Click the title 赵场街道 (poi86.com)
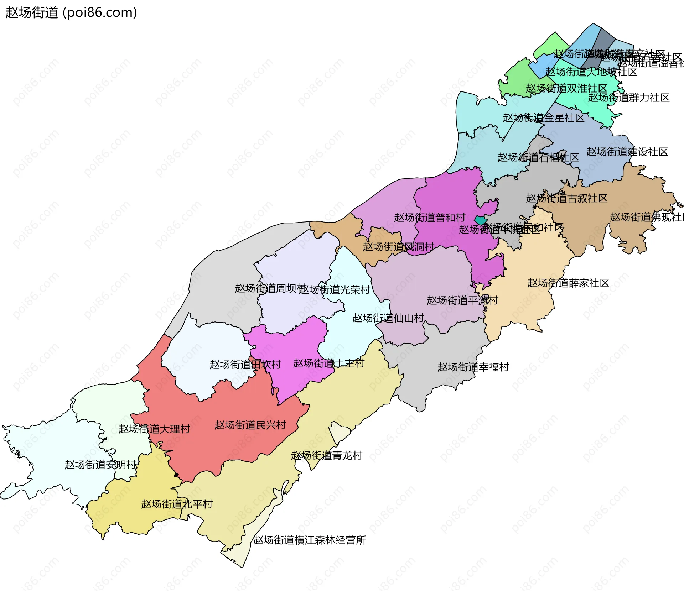71,12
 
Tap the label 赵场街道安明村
101,465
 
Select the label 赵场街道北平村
177,504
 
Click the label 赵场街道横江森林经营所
310,540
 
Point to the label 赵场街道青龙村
327,455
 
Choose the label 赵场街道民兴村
250,425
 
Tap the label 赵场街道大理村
154,429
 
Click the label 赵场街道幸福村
473,367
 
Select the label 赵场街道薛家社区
568,283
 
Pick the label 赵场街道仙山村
388,318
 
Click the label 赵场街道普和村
430,218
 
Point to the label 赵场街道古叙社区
566,198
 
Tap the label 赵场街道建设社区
627,152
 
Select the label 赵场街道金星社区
543,118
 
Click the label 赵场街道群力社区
628,98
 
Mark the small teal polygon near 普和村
481,220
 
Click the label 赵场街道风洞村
398,247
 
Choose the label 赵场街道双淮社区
566,88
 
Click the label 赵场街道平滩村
462,300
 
